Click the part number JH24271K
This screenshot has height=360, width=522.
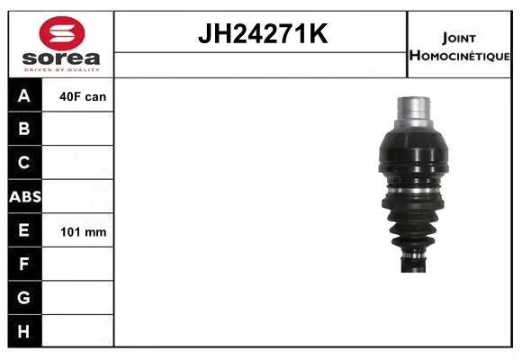click(x=263, y=33)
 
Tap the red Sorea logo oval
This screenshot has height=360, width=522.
click(x=62, y=33)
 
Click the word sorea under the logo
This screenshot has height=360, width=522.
click(x=61, y=58)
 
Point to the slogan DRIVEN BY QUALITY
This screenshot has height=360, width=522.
click(x=62, y=70)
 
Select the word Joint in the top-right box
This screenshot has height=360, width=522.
click(x=459, y=39)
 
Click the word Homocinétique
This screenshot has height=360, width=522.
click(x=459, y=56)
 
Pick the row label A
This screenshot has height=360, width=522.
click(x=24, y=95)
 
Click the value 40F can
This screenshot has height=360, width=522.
click(x=83, y=97)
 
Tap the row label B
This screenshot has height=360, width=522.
click(x=24, y=129)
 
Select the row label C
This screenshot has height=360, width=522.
click(x=23, y=163)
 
